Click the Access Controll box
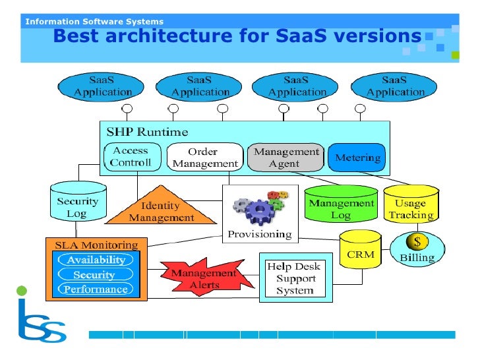(131, 156)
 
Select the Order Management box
(204, 157)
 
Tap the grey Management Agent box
(285, 157)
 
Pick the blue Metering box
(357, 158)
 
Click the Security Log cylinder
(78, 204)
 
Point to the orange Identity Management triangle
(161, 210)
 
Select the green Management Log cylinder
(340, 206)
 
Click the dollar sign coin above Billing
(417, 242)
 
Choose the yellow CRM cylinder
(360, 251)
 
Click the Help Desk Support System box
(294, 278)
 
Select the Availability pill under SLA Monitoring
(96, 260)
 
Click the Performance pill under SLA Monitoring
(96, 289)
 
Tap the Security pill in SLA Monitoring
(94, 274)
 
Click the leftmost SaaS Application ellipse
(102, 86)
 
